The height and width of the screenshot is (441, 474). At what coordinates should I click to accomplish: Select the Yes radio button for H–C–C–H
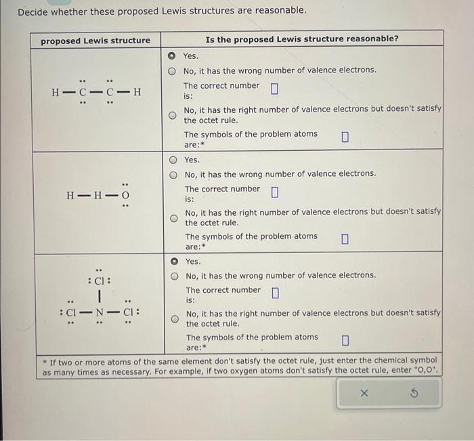(x=172, y=55)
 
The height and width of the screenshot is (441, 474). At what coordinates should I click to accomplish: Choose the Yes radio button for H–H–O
(x=173, y=160)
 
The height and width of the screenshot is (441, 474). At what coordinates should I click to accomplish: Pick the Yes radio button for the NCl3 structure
(x=174, y=261)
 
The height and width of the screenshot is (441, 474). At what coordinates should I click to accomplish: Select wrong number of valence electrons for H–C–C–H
(x=172, y=70)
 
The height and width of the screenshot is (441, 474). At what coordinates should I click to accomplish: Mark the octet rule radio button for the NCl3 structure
(x=174, y=319)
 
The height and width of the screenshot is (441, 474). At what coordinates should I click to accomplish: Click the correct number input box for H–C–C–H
(x=274, y=89)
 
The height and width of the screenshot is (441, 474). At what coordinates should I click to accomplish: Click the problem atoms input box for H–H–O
(x=345, y=239)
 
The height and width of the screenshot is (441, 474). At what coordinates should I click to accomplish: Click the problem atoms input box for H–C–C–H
(x=345, y=137)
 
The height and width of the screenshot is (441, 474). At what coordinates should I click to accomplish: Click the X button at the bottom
(x=363, y=393)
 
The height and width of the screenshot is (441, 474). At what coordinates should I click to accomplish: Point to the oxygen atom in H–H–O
(x=125, y=196)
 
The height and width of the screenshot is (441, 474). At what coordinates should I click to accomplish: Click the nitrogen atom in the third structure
(x=100, y=313)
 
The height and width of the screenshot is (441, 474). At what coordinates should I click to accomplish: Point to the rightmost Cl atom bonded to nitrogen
(x=128, y=313)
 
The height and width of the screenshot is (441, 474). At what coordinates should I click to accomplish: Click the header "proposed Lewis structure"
(x=95, y=41)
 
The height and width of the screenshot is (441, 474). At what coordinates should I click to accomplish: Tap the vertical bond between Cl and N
(x=100, y=297)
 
